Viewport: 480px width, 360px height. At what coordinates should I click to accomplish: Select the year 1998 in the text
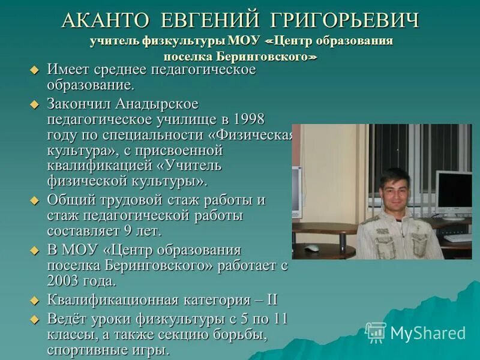point(249,119)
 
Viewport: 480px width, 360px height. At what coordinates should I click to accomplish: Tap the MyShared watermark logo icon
point(376,332)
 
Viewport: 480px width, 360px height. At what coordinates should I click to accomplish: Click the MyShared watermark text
point(428,333)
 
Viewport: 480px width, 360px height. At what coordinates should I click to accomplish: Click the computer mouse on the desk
point(311,247)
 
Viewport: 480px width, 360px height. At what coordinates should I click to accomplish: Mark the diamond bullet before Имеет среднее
point(34,71)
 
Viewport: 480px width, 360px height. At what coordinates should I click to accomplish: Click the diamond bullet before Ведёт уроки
point(34,319)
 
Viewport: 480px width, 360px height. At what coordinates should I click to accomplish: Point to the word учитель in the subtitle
point(115,42)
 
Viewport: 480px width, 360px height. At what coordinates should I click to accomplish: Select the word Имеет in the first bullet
point(66,70)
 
